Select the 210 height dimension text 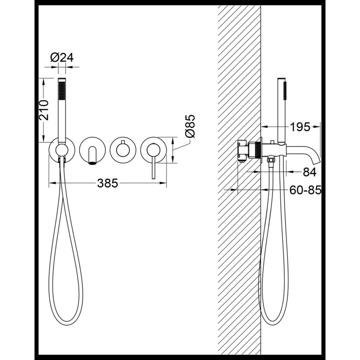[x=44, y=110]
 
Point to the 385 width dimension [x=108, y=183]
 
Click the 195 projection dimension [x=300, y=127]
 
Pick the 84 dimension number [x=310, y=172]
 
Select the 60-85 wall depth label [x=305, y=190]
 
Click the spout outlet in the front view [x=92, y=163]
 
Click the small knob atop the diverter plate [x=123, y=142]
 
